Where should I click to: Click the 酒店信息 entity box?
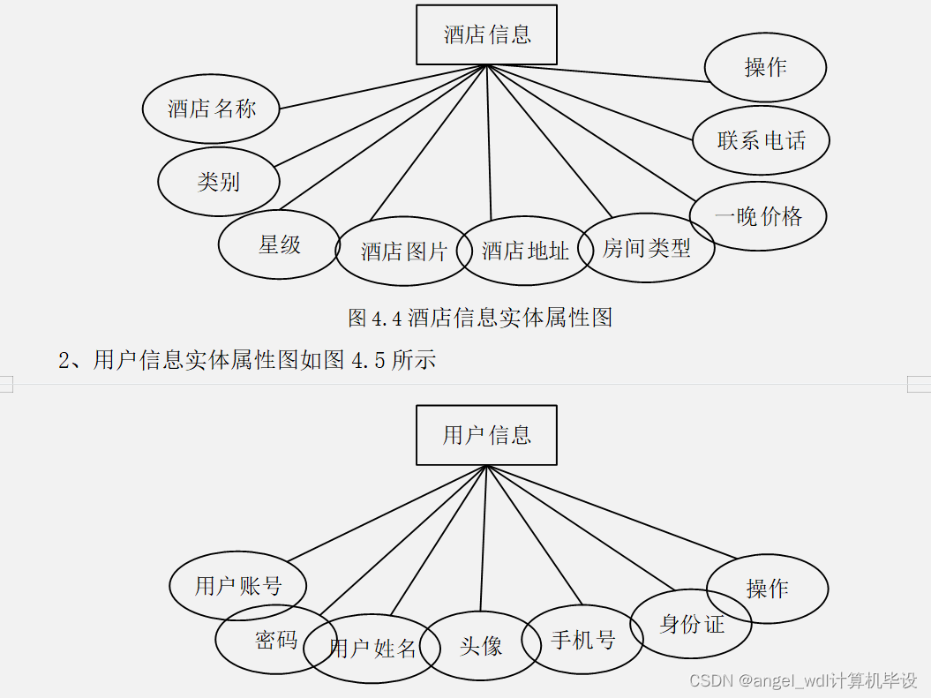coord(486,35)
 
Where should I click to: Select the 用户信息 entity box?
coord(486,435)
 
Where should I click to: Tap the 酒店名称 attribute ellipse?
coord(212,109)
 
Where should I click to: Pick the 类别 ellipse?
coord(219,182)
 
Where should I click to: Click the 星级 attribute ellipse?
coord(279,244)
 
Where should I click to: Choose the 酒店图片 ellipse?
coord(403,251)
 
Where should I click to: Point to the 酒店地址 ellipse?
coord(525,251)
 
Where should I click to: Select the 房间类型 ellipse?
coord(647,249)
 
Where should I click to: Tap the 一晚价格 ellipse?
coord(758,216)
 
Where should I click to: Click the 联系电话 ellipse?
coord(761,140)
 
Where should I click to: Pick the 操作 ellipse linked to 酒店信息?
coord(765,67)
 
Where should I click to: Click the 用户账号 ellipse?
coord(238,586)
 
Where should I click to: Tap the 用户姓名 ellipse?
coord(372,649)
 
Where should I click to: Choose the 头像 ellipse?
coord(481,646)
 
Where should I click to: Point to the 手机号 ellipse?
coord(582,640)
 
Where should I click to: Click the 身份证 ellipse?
coord(691,624)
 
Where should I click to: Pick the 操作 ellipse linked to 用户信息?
coord(768,589)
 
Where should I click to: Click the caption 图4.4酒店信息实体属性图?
coord(480,318)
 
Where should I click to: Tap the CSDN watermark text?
coord(803,681)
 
